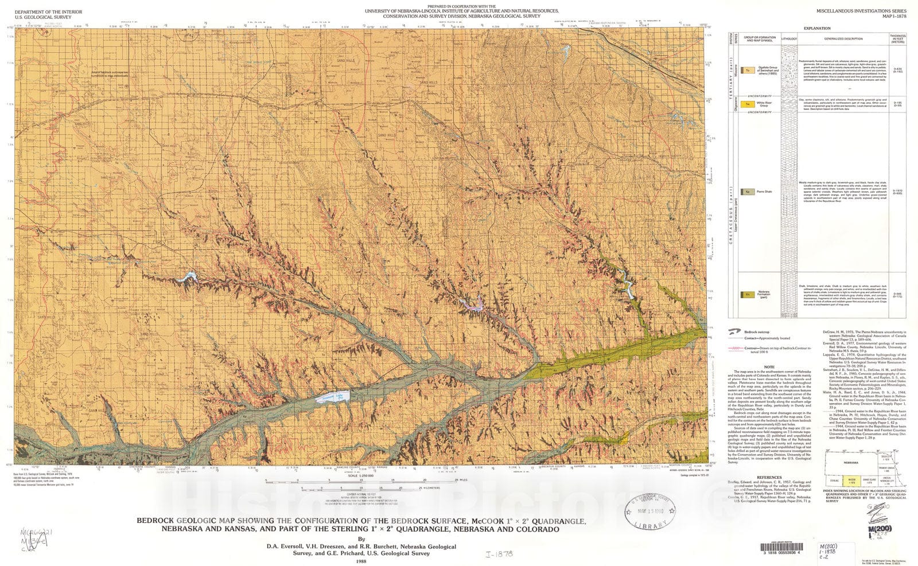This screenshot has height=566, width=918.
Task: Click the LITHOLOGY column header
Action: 789,39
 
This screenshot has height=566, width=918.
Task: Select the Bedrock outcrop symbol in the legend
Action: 734,331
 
